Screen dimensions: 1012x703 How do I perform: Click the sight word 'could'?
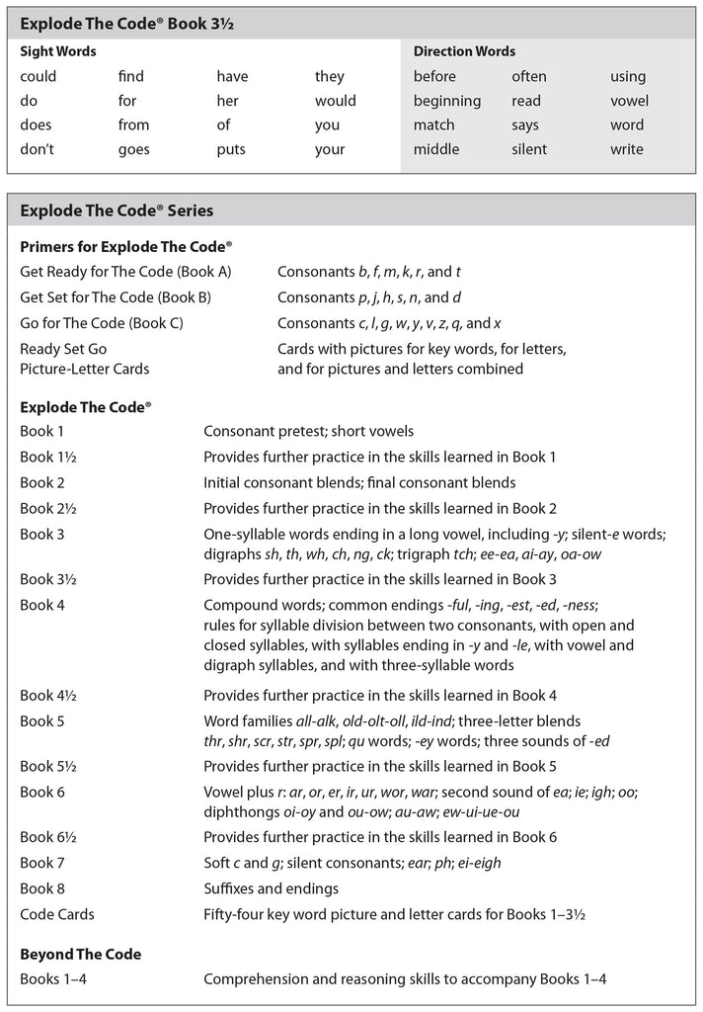click(x=39, y=76)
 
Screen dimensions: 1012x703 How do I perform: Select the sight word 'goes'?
click(x=133, y=150)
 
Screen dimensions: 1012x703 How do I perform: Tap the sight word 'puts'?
click(x=231, y=150)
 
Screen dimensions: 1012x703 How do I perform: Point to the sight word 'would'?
click(x=336, y=101)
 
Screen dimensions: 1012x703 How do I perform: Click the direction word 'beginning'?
click(x=447, y=101)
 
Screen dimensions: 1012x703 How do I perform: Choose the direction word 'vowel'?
click(x=629, y=101)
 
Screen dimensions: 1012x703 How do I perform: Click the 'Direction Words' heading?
click(x=464, y=51)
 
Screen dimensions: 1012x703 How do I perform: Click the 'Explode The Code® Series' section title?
click(x=117, y=211)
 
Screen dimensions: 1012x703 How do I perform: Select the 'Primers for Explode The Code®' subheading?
click(x=125, y=247)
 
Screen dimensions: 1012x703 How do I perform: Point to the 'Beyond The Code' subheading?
click(x=80, y=955)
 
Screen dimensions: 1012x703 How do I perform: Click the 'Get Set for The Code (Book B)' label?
click(x=116, y=296)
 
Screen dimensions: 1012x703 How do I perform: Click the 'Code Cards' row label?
click(x=57, y=914)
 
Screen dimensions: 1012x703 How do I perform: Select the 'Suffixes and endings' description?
click(x=271, y=888)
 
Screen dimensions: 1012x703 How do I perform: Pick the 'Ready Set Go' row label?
click(x=63, y=349)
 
